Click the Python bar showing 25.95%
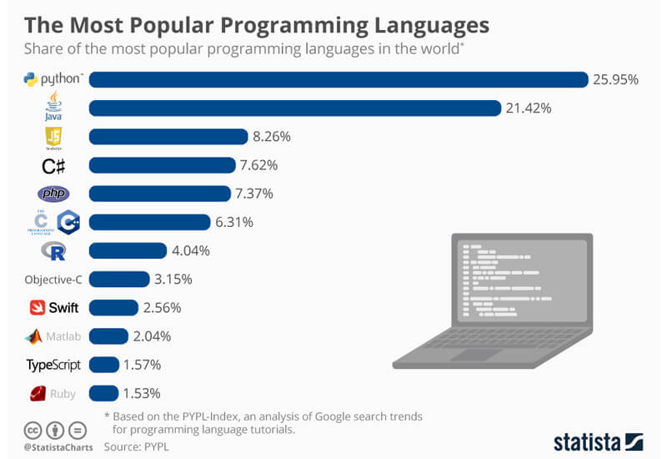click(339, 79)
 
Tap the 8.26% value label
click(273, 136)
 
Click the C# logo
click(53, 165)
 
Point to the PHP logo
click(53, 194)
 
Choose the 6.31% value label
click(236, 222)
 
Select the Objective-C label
click(53, 280)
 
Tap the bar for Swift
click(113, 308)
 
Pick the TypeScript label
click(53, 365)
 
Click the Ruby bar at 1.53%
click(103, 393)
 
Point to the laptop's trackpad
click(483, 356)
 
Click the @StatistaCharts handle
click(52, 447)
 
